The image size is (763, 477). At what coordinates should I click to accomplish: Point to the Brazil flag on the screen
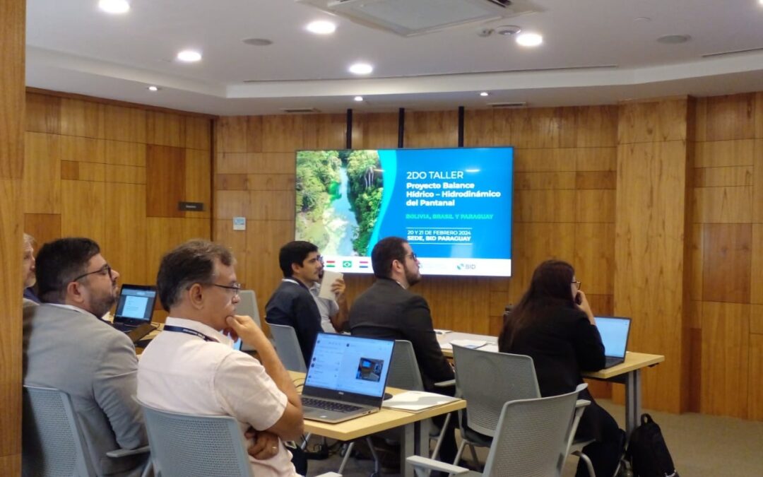tap(347, 264)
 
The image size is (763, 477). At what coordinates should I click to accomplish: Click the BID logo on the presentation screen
tap(466, 266)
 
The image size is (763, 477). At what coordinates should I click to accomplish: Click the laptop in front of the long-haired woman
tap(612, 340)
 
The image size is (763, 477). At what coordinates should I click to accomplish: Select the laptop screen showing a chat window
tap(348, 366)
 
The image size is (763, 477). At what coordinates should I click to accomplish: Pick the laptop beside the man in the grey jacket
tap(135, 307)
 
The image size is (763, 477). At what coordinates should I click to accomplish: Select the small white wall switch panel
tap(239, 223)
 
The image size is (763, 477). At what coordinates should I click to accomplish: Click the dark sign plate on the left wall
tap(191, 206)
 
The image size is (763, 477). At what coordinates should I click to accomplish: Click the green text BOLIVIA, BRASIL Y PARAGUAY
tap(449, 216)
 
